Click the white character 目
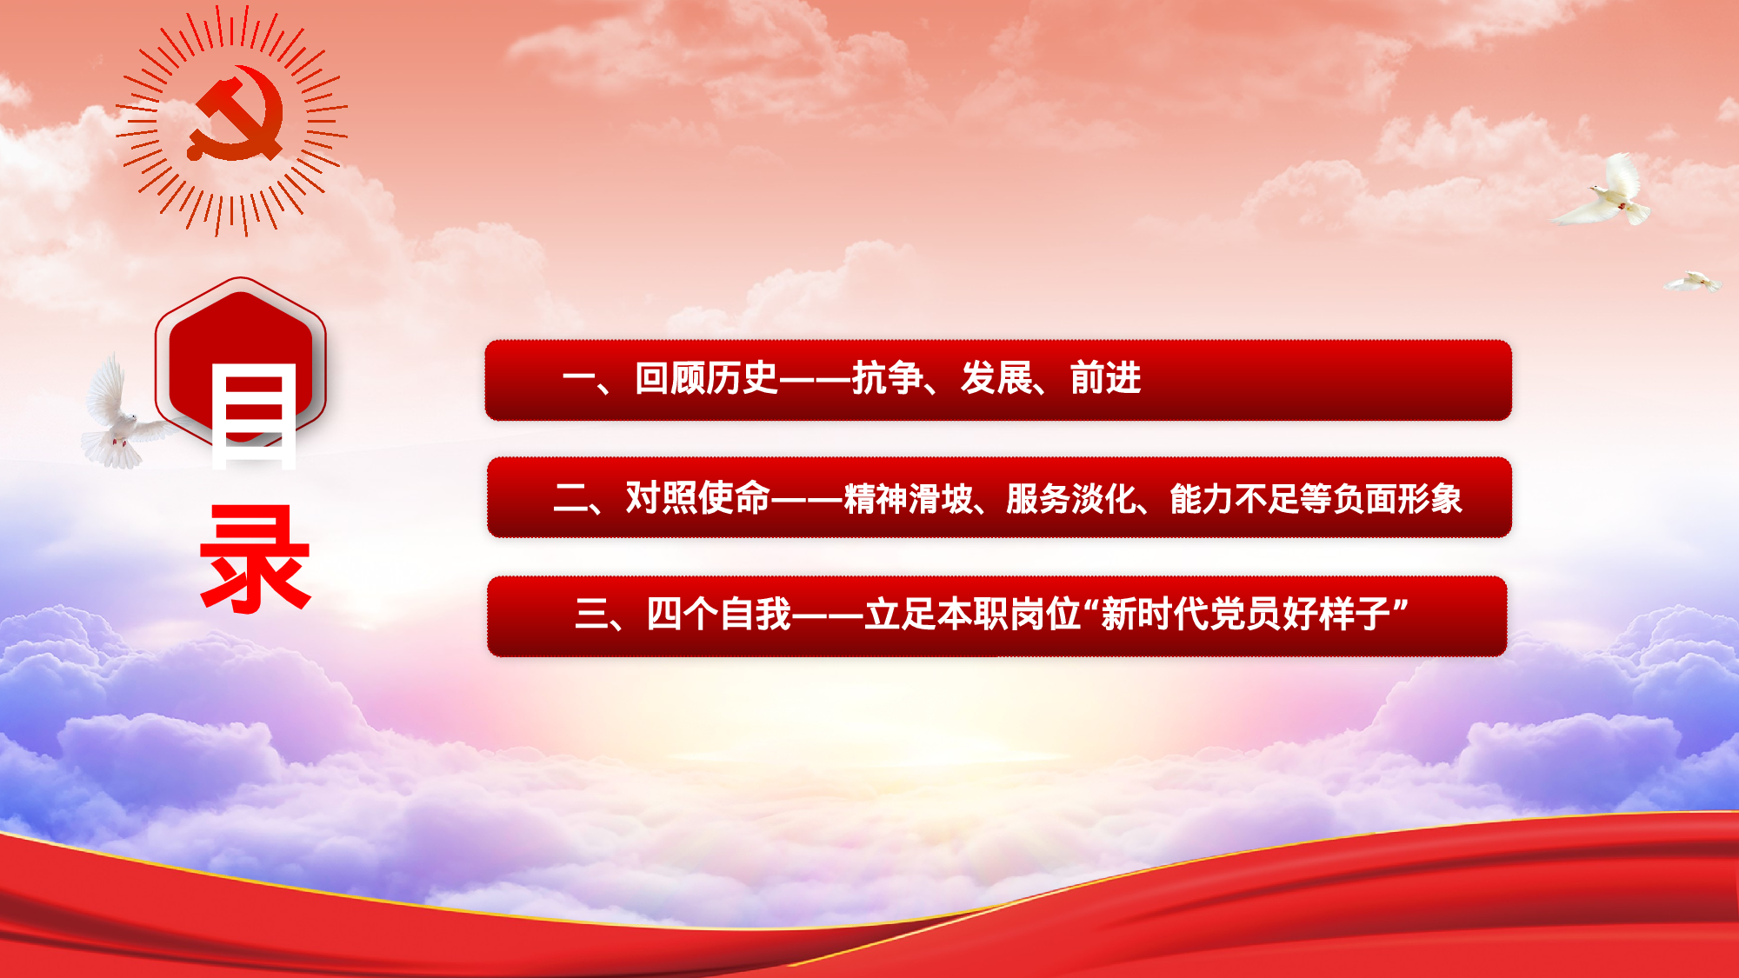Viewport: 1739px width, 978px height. coord(254,416)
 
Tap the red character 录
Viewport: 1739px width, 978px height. coord(255,559)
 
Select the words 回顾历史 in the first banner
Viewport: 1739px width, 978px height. coord(706,379)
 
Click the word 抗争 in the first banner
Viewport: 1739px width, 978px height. coord(887,379)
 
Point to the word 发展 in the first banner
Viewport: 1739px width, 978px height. coord(996,379)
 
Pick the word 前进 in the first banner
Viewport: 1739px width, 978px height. coord(1105,379)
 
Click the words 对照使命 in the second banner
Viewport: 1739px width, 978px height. coord(697,498)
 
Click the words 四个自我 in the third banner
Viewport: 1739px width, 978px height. coord(719,615)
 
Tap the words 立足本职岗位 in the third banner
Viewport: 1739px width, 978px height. coord(973,615)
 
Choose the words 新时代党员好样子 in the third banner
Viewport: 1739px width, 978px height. coord(1246,615)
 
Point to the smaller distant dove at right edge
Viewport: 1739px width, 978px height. coord(1692,282)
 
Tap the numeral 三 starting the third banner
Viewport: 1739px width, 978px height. coord(591,615)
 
